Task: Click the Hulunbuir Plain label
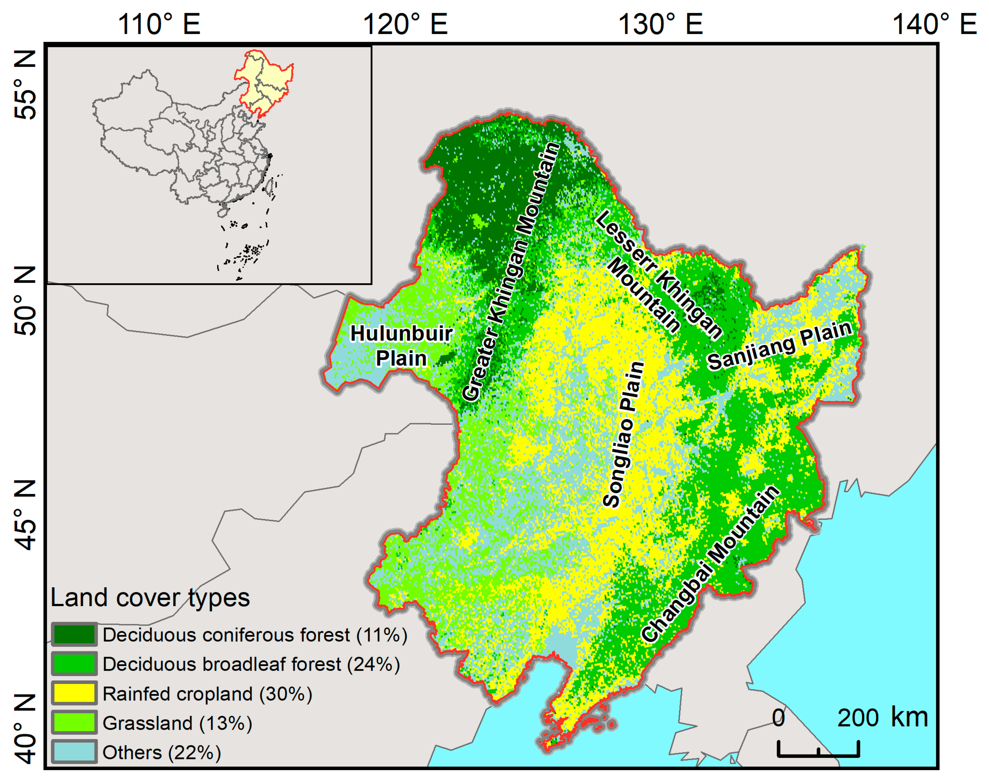click(x=401, y=346)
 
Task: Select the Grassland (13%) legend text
click(x=177, y=723)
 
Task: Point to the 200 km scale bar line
click(x=818, y=754)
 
